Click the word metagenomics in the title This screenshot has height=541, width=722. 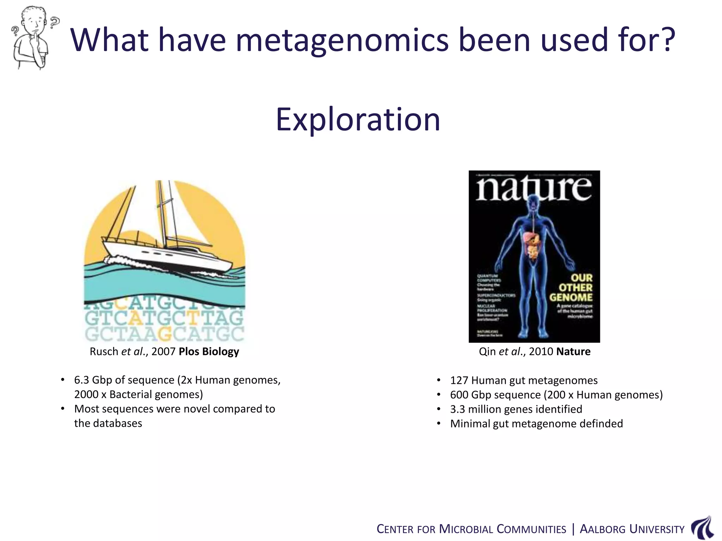coord(342,41)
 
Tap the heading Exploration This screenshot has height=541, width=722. coord(358,120)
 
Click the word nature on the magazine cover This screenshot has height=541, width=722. coord(534,188)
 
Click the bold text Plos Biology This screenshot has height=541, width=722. coord(209,352)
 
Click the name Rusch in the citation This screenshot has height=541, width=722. coord(104,352)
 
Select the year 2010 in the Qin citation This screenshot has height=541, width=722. coord(540,352)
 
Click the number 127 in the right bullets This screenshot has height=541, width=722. coord(459,380)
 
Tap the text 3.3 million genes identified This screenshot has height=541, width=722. coord(516,409)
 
